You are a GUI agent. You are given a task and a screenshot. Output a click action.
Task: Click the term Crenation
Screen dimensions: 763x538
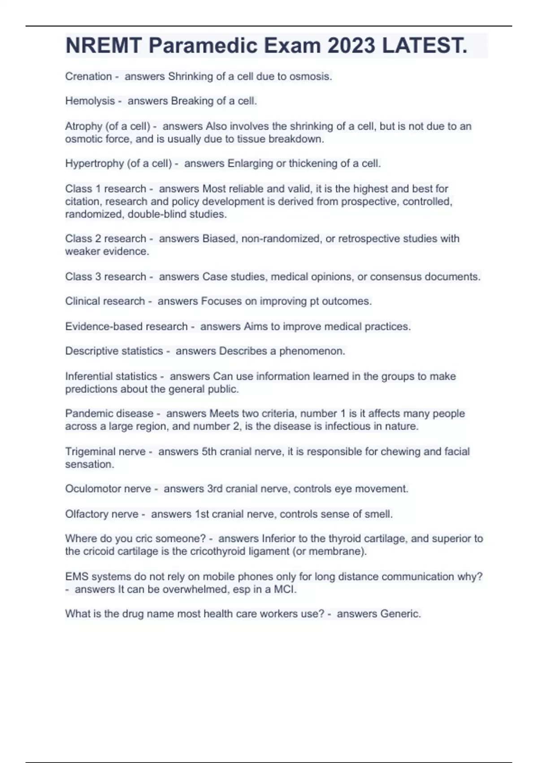click(88, 76)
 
